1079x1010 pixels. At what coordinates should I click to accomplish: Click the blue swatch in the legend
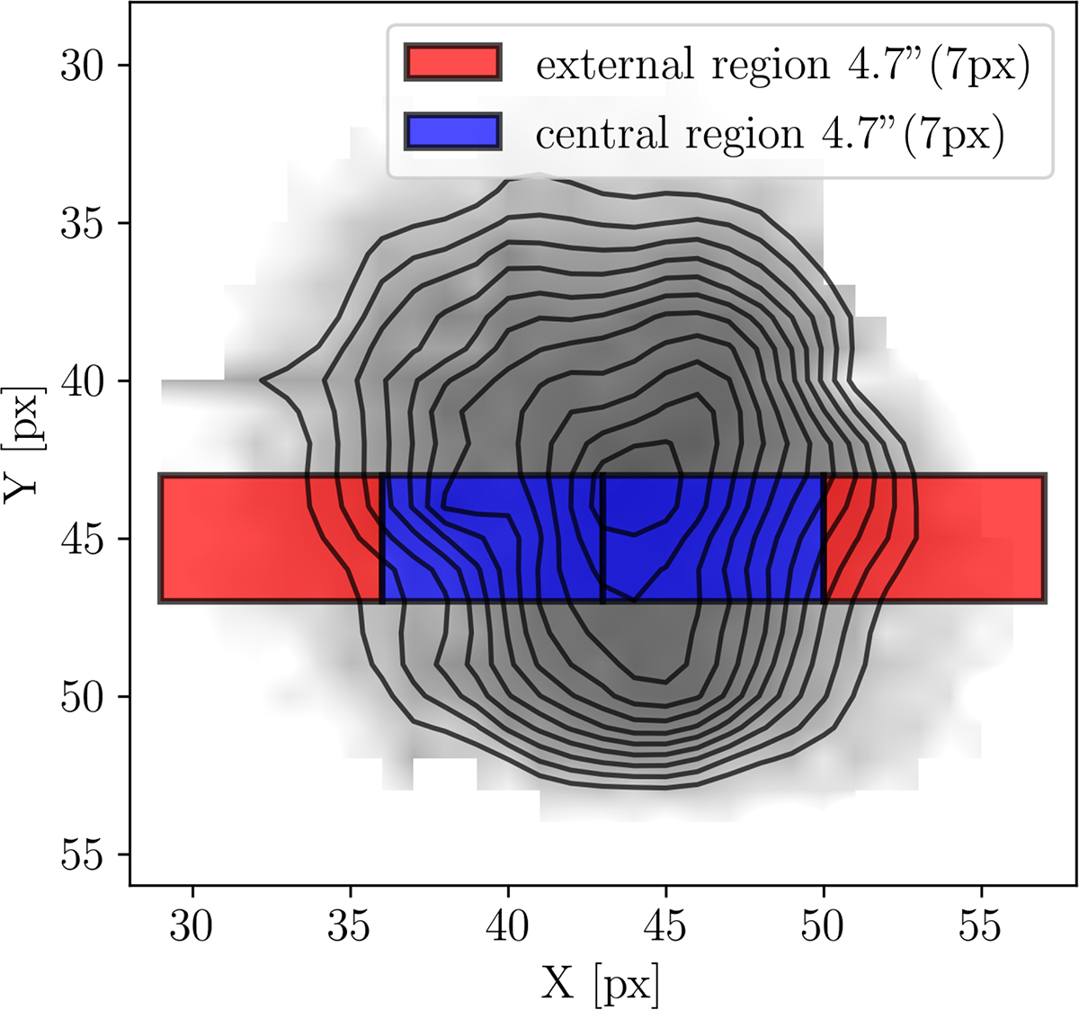(452, 132)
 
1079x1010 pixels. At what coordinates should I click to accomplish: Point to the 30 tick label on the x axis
(192, 926)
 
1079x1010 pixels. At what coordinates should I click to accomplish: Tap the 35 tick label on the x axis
(351, 926)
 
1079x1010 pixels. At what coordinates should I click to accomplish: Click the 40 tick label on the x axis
(508, 926)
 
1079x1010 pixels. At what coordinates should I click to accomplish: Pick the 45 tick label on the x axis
(665, 926)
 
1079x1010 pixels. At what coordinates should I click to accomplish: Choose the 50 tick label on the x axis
(824, 926)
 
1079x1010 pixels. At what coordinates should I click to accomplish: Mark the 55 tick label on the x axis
(981, 926)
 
